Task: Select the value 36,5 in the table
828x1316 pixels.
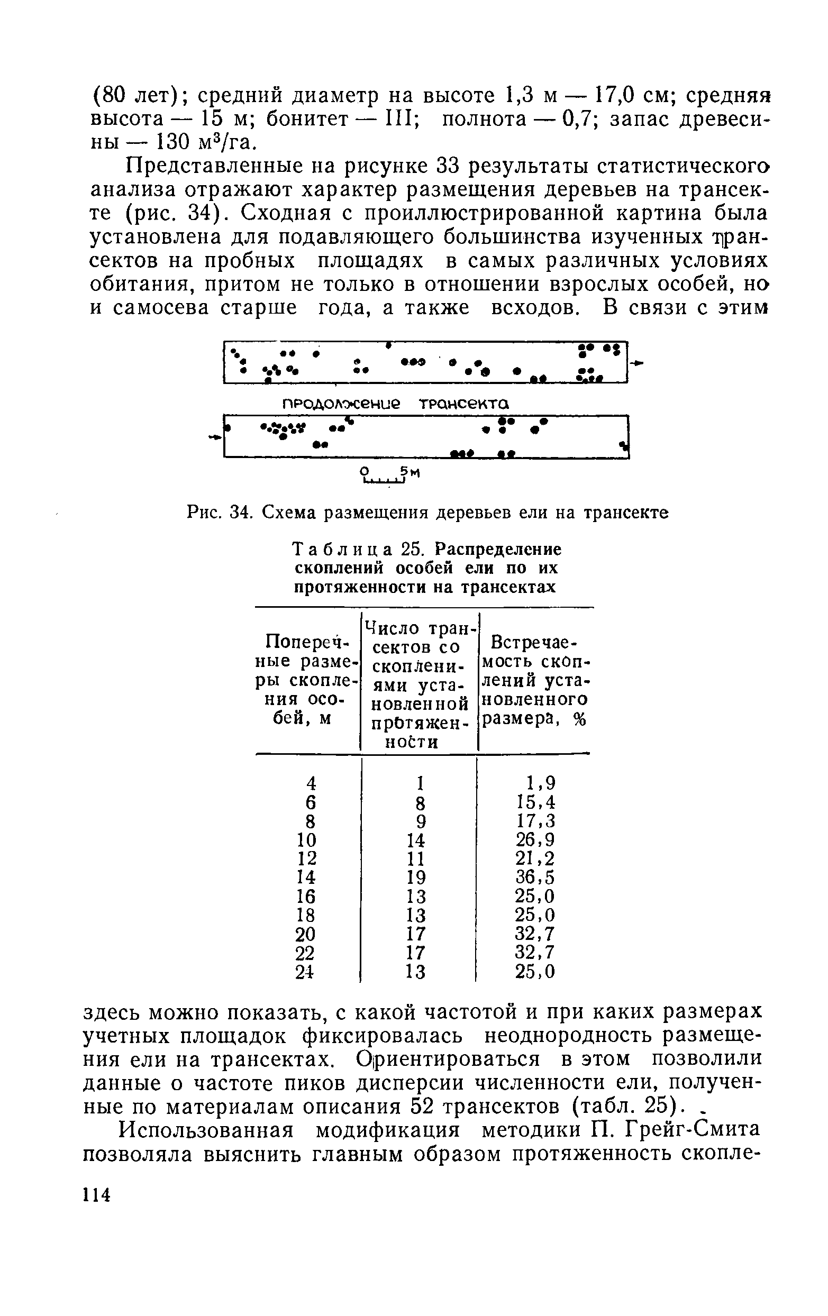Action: click(x=535, y=877)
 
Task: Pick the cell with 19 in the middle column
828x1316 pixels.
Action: click(x=416, y=877)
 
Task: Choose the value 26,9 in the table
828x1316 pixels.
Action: click(x=535, y=839)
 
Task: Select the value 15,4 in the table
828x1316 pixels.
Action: click(x=535, y=802)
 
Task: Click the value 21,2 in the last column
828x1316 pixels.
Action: click(x=535, y=858)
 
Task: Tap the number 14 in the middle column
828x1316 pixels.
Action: click(x=416, y=839)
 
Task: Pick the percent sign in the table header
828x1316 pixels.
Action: click(x=579, y=720)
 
